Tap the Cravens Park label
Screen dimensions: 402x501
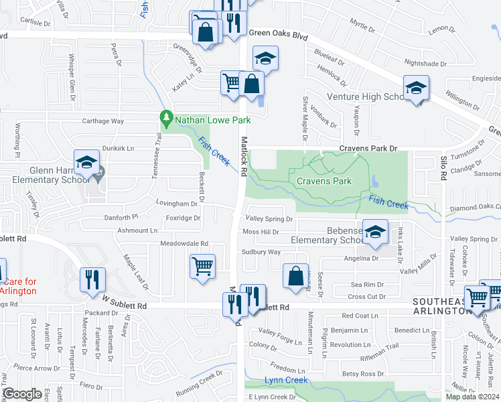click(x=324, y=181)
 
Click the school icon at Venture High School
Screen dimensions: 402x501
click(x=416, y=88)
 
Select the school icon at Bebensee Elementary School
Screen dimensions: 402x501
click(x=375, y=231)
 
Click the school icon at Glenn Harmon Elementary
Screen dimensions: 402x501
click(x=86, y=162)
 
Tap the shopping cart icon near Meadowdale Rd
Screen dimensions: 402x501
click(x=202, y=265)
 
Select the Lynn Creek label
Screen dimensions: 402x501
click(x=285, y=381)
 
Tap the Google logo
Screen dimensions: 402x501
click(x=22, y=394)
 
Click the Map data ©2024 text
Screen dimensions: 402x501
click(x=472, y=396)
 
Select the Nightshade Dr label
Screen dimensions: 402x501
click(x=425, y=64)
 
